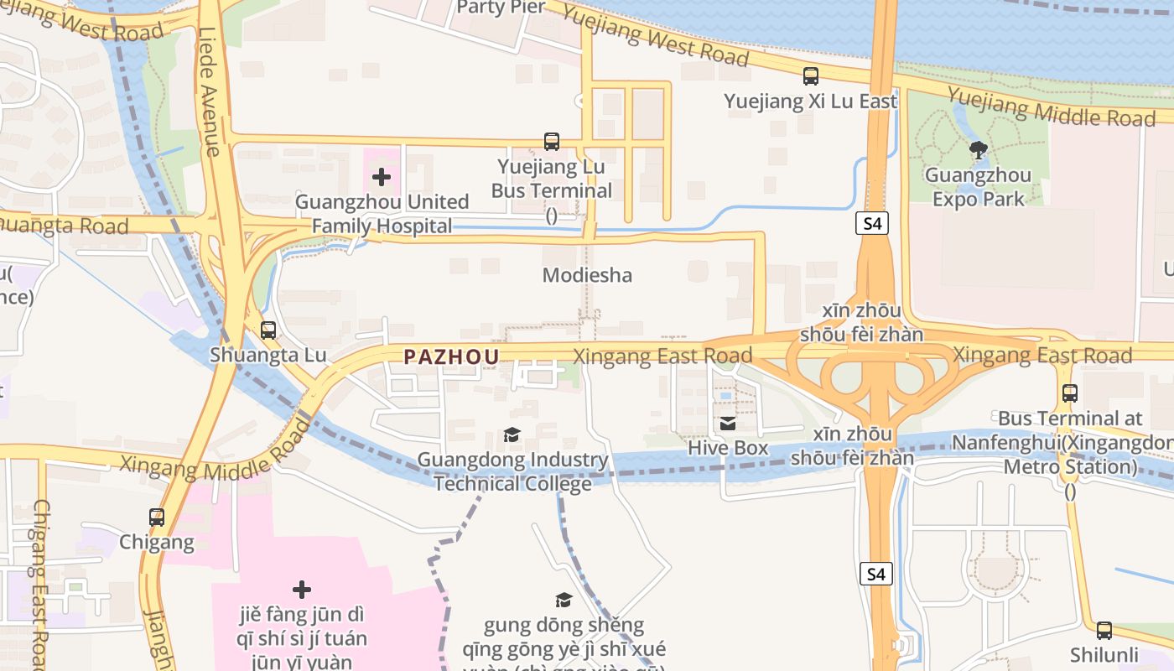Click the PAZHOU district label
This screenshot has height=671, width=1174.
451,357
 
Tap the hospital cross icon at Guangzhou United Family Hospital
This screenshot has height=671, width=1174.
382,177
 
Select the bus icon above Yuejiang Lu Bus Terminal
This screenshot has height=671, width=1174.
551,142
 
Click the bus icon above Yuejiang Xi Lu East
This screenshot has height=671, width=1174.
810,76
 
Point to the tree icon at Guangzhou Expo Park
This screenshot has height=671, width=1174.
978,150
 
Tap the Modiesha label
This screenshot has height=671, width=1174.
587,275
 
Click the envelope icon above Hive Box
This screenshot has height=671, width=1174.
727,424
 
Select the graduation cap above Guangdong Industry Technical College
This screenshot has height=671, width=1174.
512,434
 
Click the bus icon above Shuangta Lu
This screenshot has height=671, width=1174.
268,330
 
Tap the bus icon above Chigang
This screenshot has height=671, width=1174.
157,518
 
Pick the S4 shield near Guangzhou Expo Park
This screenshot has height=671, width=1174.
872,223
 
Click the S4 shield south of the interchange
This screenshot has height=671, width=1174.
875,574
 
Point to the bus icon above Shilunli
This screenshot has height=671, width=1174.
1104,631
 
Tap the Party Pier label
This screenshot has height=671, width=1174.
501,8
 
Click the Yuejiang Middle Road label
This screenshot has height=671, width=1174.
1052,106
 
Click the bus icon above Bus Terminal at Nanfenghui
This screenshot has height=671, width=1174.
1069,393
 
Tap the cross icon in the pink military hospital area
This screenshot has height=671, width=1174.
302,590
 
